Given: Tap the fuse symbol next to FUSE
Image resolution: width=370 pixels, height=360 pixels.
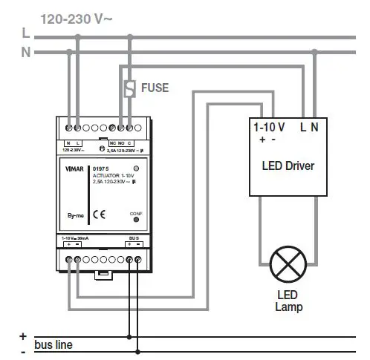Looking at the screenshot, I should (130, 88).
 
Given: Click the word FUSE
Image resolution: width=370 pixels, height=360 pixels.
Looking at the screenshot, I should (155, 88).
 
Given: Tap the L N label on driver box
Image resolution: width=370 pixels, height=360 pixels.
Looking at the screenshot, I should (308, 128).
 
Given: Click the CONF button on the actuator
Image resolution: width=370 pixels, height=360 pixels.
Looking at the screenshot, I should (135, 219).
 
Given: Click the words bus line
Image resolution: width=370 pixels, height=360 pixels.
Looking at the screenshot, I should (53, 345).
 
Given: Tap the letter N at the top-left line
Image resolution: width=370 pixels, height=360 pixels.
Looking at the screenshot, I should (25, 52).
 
